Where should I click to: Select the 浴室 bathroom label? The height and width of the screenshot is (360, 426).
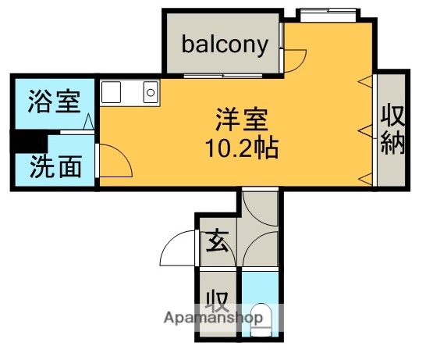(x=53, y=101)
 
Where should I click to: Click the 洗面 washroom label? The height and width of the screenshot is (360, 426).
(x=55, y=166)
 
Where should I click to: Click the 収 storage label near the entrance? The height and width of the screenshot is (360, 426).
(x=215, y=301)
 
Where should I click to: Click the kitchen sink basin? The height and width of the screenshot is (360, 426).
(x=112, y=92)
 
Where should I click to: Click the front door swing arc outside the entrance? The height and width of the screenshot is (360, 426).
(x=176, y=249)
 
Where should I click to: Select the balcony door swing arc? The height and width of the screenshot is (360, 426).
(x=296, y=60)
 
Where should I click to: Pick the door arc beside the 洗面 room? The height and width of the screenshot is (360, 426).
(x=115, y=160)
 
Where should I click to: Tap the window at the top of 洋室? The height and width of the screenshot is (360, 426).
(x=328, y=12)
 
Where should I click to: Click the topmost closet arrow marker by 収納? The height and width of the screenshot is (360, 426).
(x=363, y=81)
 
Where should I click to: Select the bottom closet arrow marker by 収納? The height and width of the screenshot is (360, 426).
(x=363, y=180)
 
